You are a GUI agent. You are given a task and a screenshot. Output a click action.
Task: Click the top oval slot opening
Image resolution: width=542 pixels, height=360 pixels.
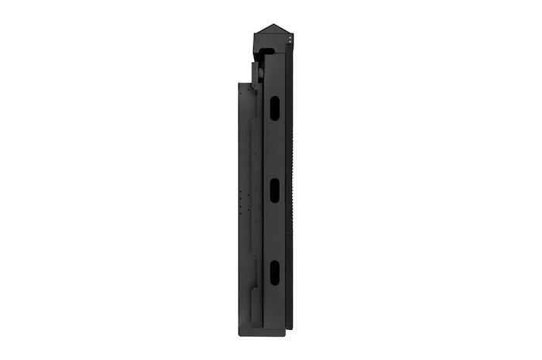click(274, 108)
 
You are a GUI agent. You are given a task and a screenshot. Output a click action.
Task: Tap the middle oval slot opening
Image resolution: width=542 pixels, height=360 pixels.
click(274, 190)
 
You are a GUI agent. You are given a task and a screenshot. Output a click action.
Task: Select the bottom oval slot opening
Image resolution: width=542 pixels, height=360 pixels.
click(274, 272)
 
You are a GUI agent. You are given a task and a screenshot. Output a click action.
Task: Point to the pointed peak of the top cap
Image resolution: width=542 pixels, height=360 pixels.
click(272, 25)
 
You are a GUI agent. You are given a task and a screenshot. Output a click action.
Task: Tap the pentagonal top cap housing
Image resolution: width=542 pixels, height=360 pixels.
click(272, 37)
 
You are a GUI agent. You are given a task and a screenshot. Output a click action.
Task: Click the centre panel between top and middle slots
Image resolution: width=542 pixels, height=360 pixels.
click(274, 149)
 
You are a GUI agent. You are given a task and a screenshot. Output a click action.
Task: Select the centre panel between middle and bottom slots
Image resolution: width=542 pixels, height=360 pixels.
click(274, 231)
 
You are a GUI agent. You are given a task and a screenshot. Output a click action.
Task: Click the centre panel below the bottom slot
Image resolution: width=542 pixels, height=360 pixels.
click(274, 310)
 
